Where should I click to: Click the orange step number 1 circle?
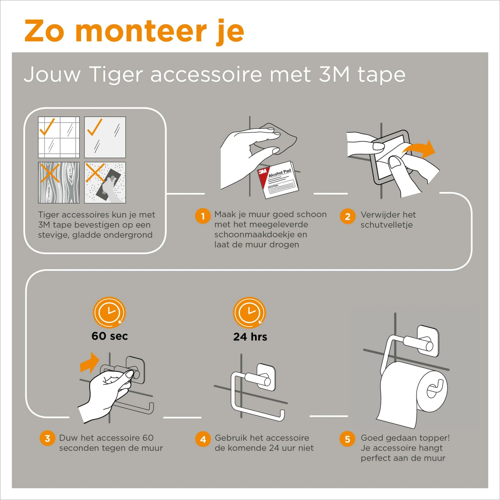(x=203, y=216)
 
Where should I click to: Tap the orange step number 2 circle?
(x=347, y=216)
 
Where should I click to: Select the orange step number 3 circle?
(x=47, y=438)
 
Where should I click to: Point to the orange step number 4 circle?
(x=203, y=439)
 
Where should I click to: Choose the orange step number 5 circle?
(x=347, y=439)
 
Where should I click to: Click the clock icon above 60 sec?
(x=109, y=313)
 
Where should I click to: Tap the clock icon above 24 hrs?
(x=249, y=313)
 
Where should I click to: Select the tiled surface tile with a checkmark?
(x=59, y=137)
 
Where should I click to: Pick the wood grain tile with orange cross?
(x=59, y=183)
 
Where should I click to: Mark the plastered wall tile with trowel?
(x=105, y=183)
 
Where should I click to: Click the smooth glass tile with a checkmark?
(x=105, y=137)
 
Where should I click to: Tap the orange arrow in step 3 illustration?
(x=89, y=363)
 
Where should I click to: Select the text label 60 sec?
(x=110, y=336)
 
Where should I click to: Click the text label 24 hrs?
(x=250, y=337)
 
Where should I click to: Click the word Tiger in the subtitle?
(x=116, y=74)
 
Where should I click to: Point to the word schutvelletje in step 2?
(x=386, y=225)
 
